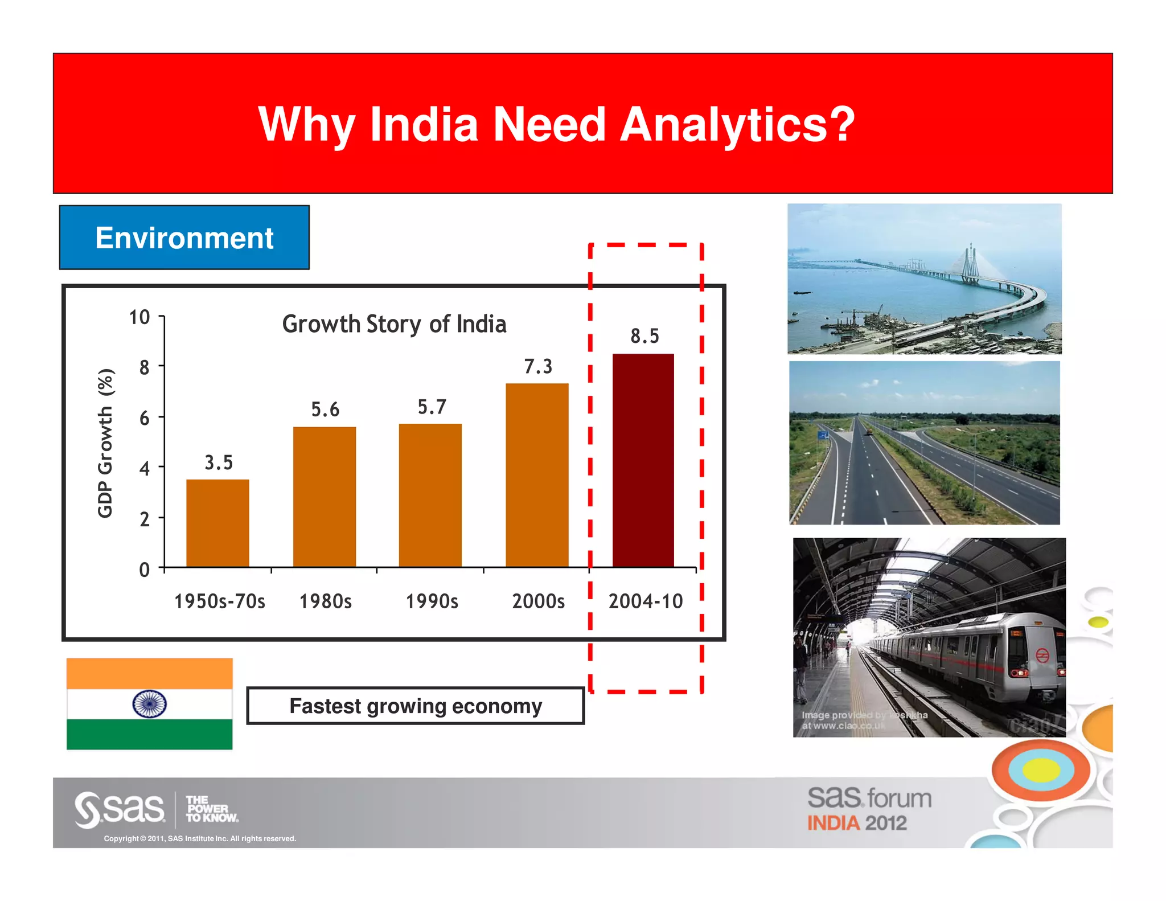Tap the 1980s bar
click(x=324, y=497)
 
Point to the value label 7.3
click(x=538, y=366)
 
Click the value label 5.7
click(x=432, y=407)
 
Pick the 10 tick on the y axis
click(x=139, y=317)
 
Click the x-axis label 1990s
click(x=432, y=601)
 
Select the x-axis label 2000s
click(x=538, y=601)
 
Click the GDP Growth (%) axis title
click(x=106, y=443)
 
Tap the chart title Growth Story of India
click(x=394, y=324)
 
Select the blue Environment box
click(x=184, y=237)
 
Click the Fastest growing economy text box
click(x=416, y=706)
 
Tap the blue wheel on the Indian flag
click(x=149, y=704)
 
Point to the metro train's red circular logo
click(x=1042, y=656)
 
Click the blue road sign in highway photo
click(x=823, y=436)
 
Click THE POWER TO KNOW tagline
click(x=211, y=809)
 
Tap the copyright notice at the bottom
click(x=200, y=838)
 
